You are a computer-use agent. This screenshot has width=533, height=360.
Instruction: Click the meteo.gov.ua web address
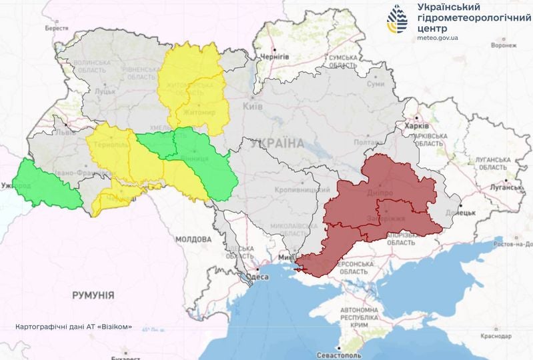pos(438,38)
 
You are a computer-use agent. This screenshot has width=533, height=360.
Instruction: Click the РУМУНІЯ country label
pos(93,295)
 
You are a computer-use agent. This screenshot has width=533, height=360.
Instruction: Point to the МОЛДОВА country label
pos(193,239)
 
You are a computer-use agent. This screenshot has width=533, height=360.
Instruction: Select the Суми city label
pos(376,85)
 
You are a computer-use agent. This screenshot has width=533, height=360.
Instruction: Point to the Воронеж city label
pos(503,46)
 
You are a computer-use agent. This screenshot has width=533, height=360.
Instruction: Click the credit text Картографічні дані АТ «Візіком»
pos(73,327)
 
